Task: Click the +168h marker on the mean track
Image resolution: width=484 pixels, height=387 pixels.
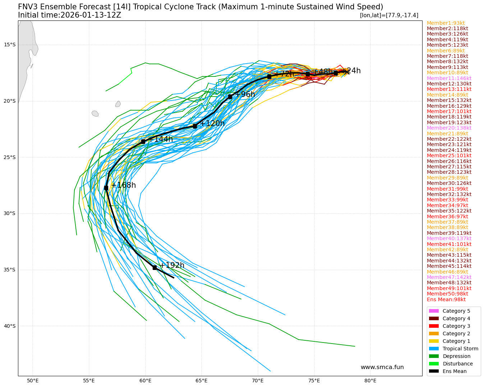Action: click(x=106, y=188)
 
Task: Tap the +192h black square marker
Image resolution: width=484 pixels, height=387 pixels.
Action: click(x=155, y=267)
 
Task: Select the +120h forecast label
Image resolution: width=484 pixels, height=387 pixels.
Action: click(x=212, y=123)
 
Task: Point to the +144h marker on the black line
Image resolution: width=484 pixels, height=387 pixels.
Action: click(x=143, y=141)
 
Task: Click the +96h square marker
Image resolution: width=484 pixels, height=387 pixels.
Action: click(x=230, y=97)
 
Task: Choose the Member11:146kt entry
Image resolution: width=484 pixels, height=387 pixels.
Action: click(x=449, y=78)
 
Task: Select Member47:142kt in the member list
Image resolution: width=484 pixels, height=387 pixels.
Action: click(x=449, y=277)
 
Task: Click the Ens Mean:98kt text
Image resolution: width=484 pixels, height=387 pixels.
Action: click(x=446, y=299)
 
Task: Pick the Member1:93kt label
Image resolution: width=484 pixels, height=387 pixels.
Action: click(x=446, y=23)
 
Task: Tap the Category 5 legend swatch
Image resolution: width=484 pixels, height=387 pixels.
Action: click(x=434, y=311)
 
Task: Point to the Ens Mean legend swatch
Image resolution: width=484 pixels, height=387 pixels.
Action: click(x=434, y=371)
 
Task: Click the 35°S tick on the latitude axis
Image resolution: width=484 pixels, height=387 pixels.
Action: click(x=10, y=270)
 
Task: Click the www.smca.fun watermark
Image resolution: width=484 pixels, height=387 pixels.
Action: click(x=382, y=367)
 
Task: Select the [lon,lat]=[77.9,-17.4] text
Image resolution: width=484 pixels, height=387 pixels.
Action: click(x=389, y=15)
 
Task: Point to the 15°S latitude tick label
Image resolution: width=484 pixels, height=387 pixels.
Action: click(x=10, y=45)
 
